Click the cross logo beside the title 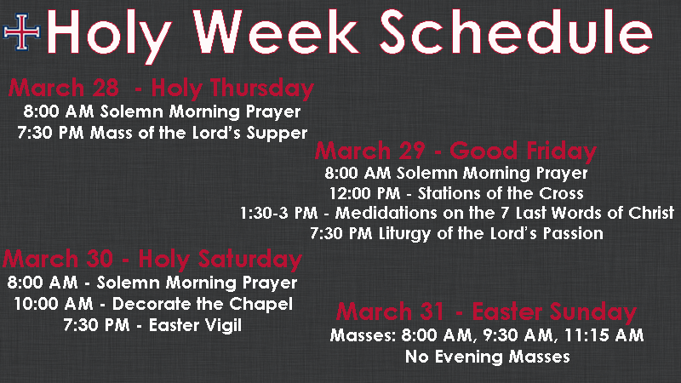[x=22, y=32]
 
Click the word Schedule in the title [x=517, y=31]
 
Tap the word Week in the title [x=276, y=31]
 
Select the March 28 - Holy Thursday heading [x=161, y=88]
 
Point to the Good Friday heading [x=456, y=151]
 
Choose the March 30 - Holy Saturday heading [x=152, y=259]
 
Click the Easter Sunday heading [x=486, y=312]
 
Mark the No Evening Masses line [x=487, y=357]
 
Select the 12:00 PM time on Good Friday [x=365, y=193]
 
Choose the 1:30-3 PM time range [x=279, y=213]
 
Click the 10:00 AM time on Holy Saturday [x=54, y=304]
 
